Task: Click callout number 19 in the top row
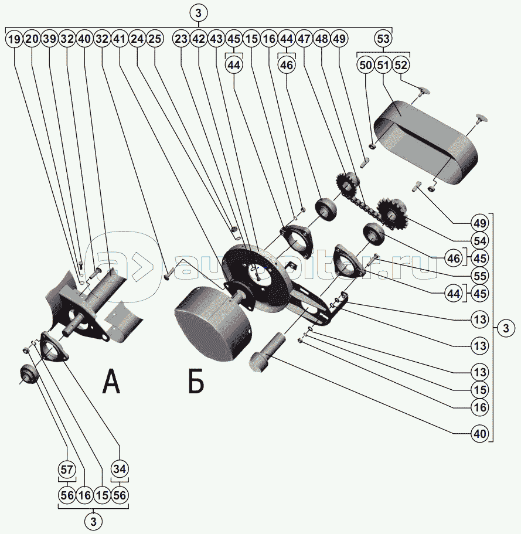point(14,40)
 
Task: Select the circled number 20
point(32,40)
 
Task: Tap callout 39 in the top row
point(49,40)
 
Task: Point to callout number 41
point(120,40)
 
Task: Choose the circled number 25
point(155,40)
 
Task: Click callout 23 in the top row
point(181,40)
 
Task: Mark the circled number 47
point(304,40)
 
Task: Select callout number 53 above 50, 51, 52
point(383,40)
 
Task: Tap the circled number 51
point(383,65)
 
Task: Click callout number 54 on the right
point(481,240)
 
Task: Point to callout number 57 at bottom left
point(67,469)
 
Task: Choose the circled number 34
point(120,469)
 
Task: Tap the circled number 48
point(322,40)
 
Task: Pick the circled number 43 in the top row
point(216,40)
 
